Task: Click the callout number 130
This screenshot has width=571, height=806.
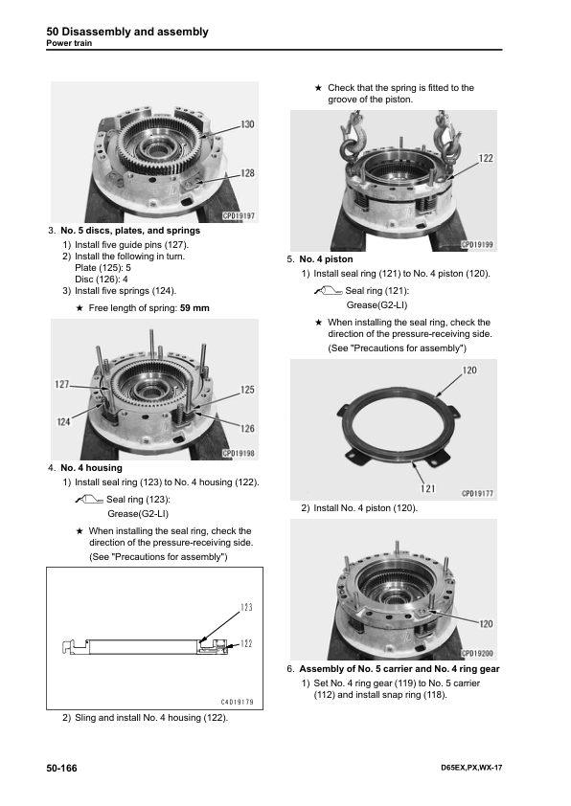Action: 247,123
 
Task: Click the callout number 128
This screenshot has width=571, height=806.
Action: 247,173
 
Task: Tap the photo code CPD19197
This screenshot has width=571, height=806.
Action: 239,216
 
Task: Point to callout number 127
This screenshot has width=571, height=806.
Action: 61,384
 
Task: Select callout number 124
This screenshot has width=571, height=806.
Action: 63,422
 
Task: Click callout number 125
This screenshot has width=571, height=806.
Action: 247,390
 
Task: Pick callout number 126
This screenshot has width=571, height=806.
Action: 247,428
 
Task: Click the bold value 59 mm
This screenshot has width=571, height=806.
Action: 194,308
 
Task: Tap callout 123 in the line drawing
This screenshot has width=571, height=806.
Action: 246,607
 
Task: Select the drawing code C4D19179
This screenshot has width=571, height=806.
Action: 238,703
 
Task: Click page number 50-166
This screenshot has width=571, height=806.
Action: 61,768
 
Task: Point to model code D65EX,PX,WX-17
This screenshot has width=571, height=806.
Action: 471,768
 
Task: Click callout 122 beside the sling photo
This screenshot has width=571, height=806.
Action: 486,158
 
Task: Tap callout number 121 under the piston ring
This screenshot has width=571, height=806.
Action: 427,488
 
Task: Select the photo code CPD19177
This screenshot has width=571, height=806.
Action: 477,494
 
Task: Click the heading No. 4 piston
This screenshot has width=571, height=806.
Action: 326,259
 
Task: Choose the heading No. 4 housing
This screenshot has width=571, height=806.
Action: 92,468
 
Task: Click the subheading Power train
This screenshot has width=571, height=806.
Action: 69,43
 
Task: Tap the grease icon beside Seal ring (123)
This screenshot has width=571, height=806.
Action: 89,499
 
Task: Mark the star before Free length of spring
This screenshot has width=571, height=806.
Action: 80,308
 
